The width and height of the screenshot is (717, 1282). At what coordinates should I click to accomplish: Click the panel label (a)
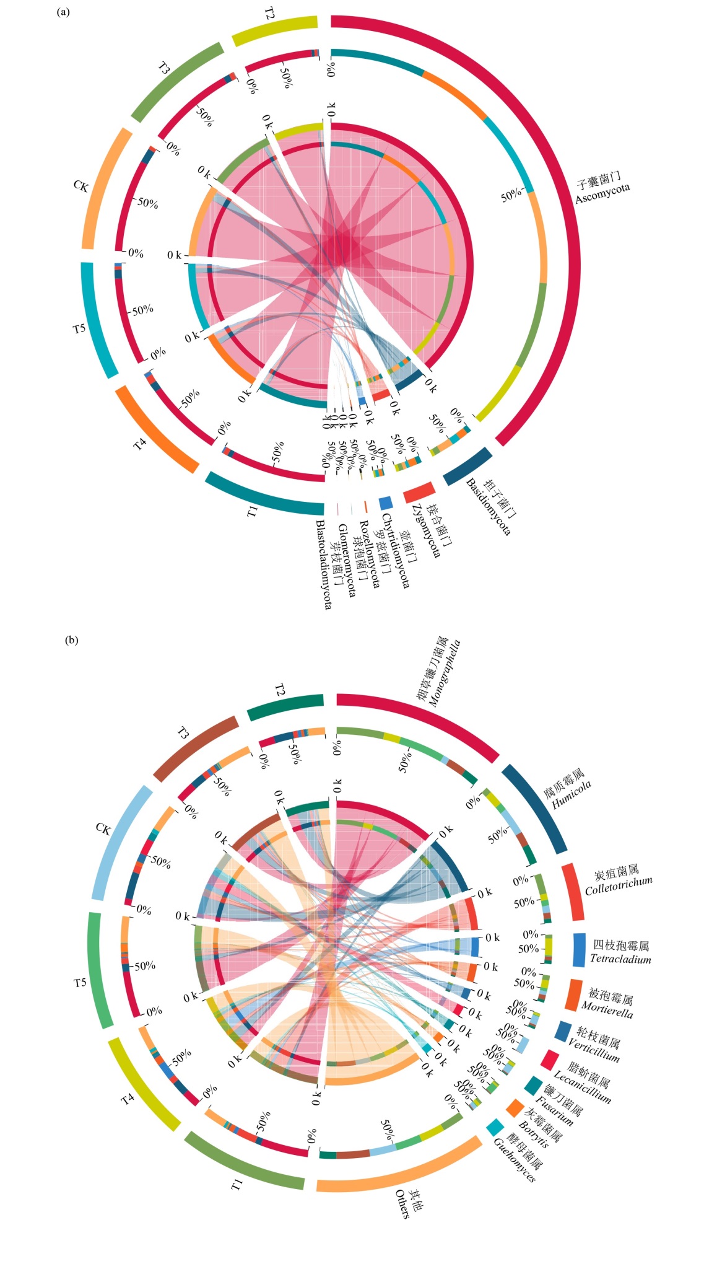(x=63, y=12)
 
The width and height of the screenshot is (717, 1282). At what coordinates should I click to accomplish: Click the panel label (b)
(x=72, y=641)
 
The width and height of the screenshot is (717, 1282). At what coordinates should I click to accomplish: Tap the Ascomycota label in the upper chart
(x=602, y=189)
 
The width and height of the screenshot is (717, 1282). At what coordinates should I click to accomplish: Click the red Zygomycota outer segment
(x=419, y=493)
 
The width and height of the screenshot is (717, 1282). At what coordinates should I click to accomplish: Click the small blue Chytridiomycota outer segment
(x=386, y=503)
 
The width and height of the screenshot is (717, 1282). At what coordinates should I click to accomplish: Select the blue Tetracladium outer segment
(x=579, y=950)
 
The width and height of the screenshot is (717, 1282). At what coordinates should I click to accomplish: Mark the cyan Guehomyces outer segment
(x=495, y=1127)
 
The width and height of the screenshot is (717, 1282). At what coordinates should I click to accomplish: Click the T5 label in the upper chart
(x=79, y=328)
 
